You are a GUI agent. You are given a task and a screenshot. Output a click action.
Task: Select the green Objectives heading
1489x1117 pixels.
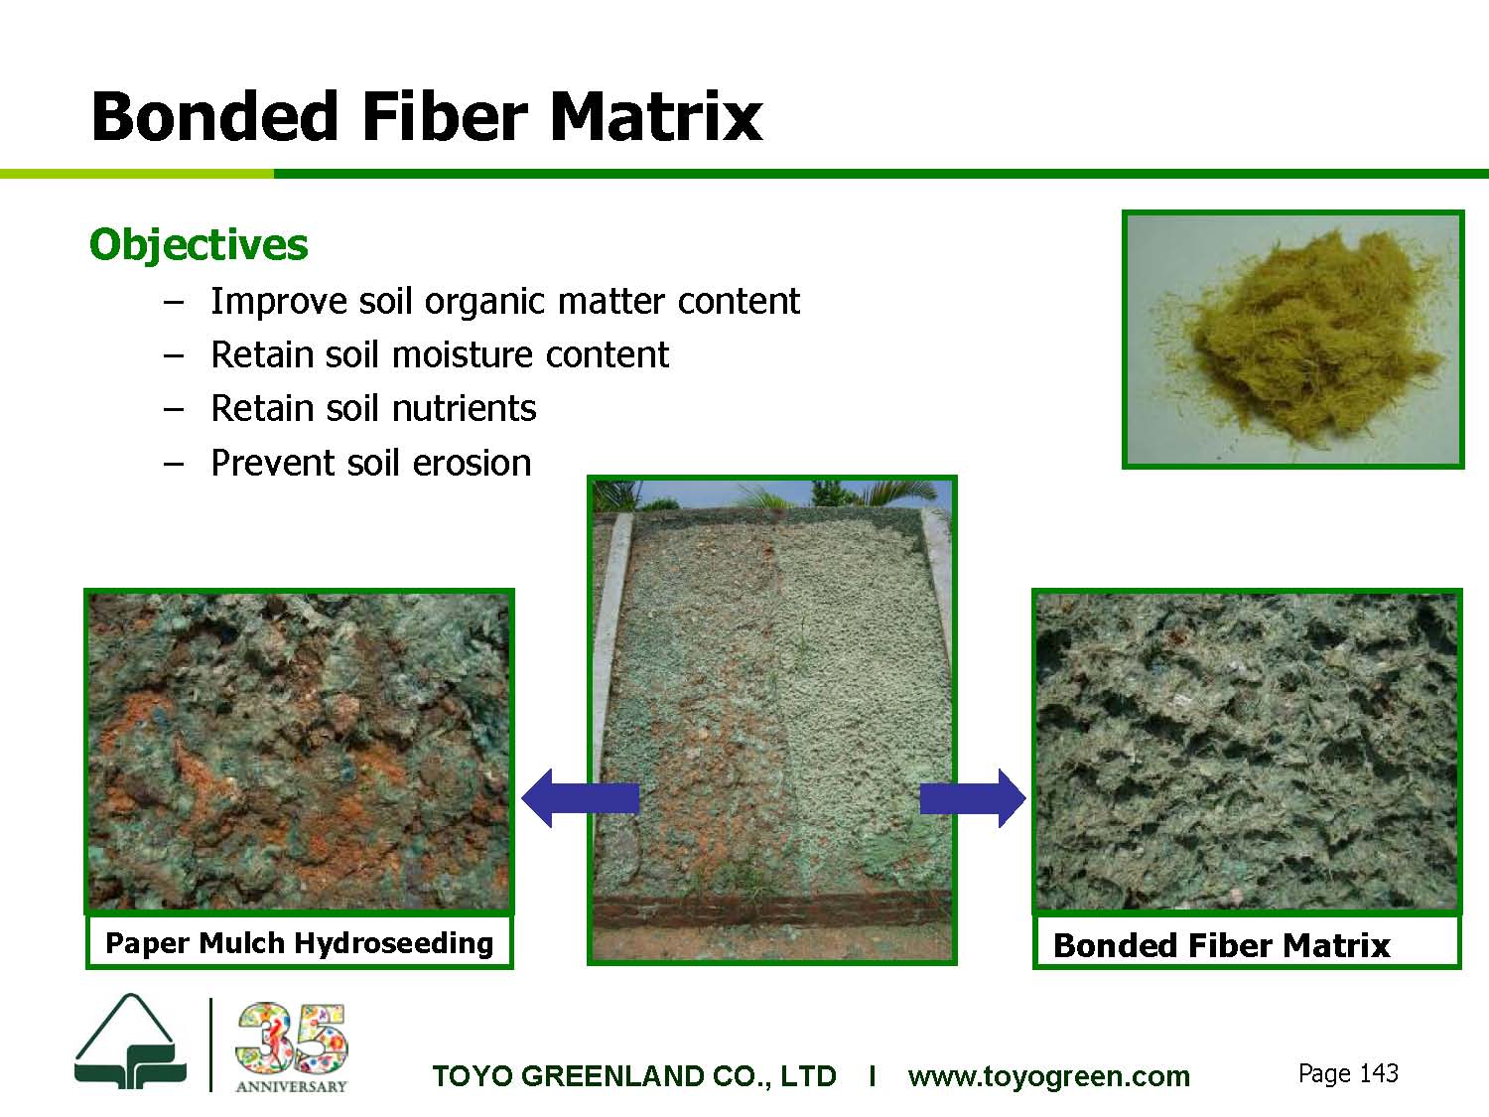pos(199,245)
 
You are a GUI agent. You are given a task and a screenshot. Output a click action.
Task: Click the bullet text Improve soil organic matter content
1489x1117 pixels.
pos(505,301)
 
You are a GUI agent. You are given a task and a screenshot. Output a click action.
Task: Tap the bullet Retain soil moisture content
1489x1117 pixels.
pos(441,354)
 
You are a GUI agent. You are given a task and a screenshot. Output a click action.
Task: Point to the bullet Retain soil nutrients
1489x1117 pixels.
pos(374,408)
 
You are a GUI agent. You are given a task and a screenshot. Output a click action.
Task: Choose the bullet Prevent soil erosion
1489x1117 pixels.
pos(371,463)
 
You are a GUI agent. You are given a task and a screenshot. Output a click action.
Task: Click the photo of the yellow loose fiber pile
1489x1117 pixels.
pos(1293,340)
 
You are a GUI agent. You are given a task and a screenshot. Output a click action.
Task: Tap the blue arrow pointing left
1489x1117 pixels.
pos(580,798)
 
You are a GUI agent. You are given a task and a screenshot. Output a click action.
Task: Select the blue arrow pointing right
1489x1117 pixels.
pos(973,798)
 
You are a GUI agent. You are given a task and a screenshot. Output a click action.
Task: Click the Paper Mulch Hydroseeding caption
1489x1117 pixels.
pos(299,943)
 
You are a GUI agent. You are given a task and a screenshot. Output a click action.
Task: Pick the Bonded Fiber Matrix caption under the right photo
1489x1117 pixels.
pos(1222,945)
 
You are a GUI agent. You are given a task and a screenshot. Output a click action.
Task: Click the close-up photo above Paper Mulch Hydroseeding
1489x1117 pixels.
pos(299,752)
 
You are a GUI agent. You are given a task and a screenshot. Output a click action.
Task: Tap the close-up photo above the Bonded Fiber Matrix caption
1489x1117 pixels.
pos(1247,752)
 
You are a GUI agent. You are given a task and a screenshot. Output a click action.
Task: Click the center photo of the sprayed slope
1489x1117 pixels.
pos(772,720)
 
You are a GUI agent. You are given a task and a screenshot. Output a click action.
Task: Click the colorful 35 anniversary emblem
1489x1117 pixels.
pos(292,1039)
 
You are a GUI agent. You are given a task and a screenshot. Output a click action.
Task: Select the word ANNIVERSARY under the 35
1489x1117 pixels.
pos(291,1086)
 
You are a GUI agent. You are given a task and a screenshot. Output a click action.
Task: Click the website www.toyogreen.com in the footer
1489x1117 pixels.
pos(1048,1076)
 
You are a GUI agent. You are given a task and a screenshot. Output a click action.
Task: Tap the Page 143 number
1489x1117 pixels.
pos(1348,1073)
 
